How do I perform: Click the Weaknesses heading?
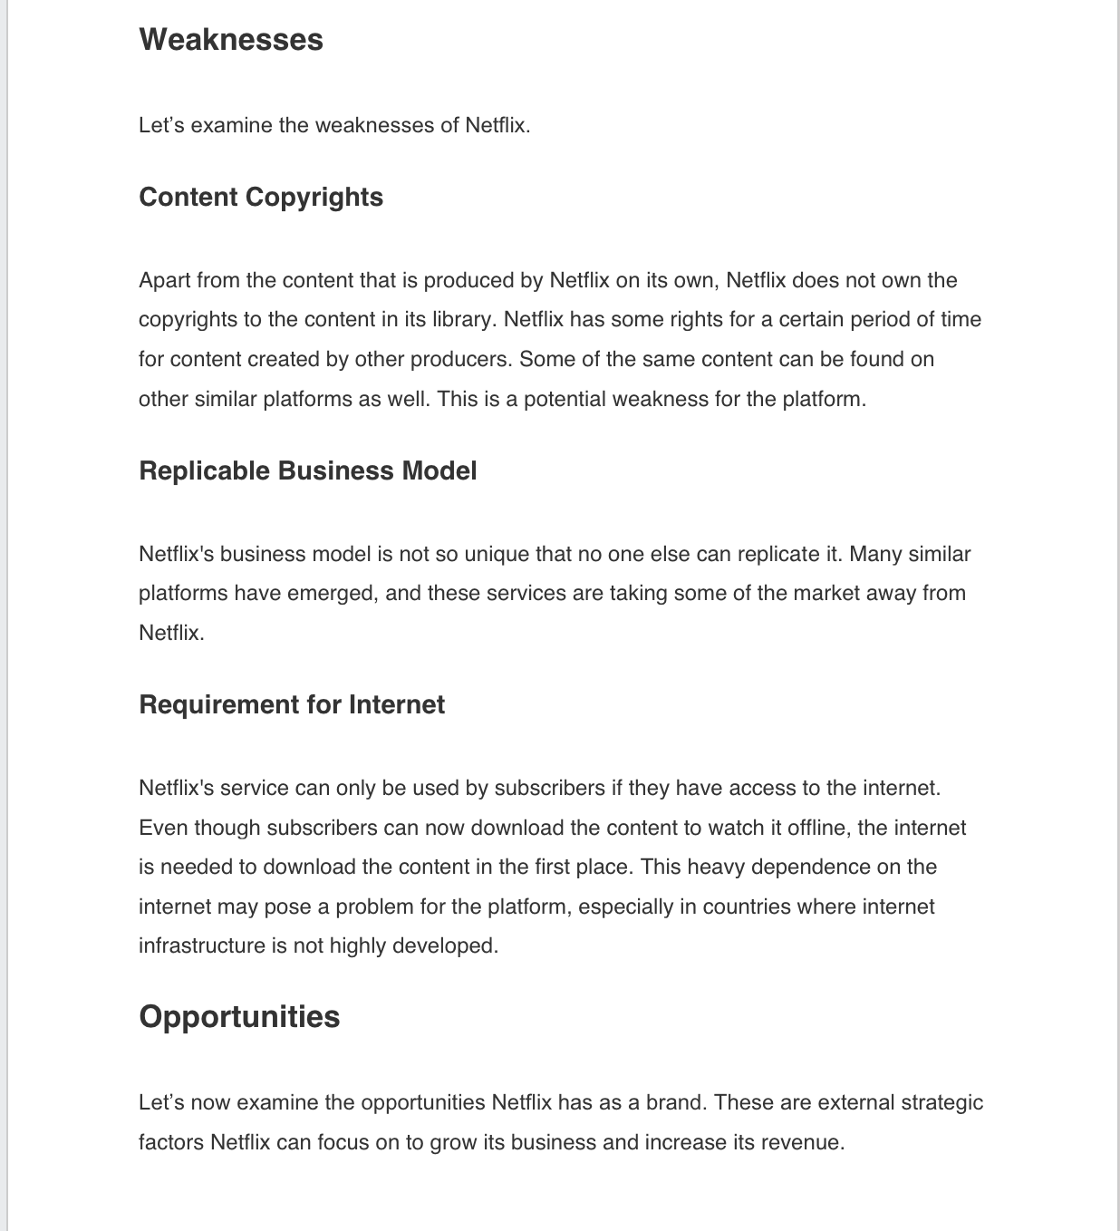click(231, 40)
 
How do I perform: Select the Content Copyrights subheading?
click(261, 198)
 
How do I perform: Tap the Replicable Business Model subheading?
click(307, 471)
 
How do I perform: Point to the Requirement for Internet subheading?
click(292, 705)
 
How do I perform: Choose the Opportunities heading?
click(239, 1017)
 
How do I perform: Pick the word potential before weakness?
click(564, 400)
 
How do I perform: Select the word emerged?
click(335, 594)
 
